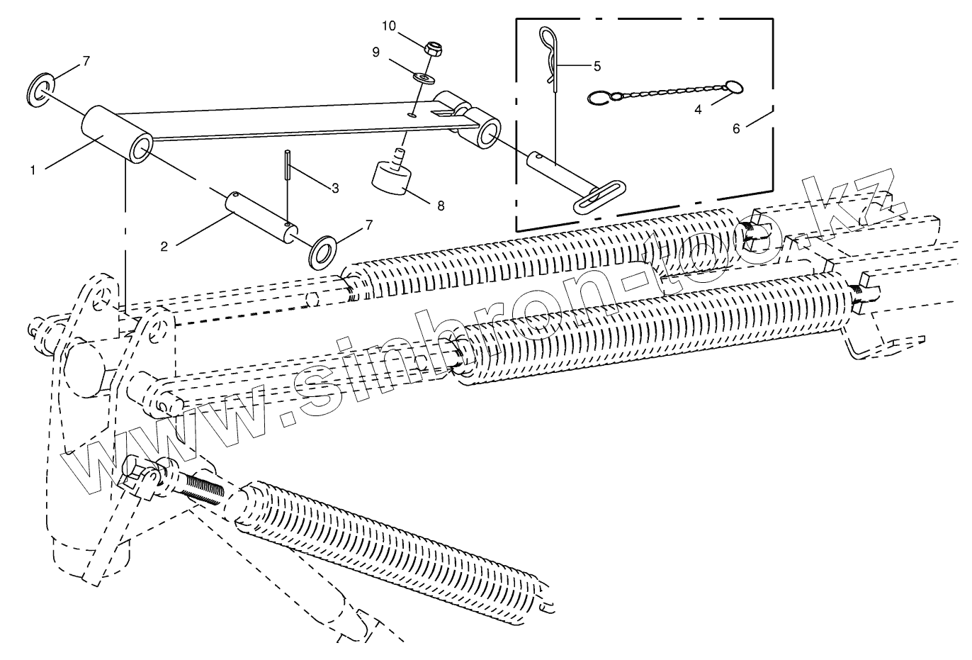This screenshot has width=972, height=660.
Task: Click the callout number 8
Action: click(x=441, y=206)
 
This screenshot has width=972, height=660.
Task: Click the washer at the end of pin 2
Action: click(x=322, y=252)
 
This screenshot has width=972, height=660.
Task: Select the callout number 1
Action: click(x=33, y=170)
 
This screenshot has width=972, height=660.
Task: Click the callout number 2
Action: click(x=164, y=246)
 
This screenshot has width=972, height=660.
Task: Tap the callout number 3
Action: click(x=335, y=189)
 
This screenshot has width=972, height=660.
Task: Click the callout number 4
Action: click(x=698, y=110)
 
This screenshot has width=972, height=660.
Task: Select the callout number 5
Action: click(x=597, y=66)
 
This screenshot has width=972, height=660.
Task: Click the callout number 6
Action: click(x=736, y=128)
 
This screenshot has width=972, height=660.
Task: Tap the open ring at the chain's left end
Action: click(x=599, y=98)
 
